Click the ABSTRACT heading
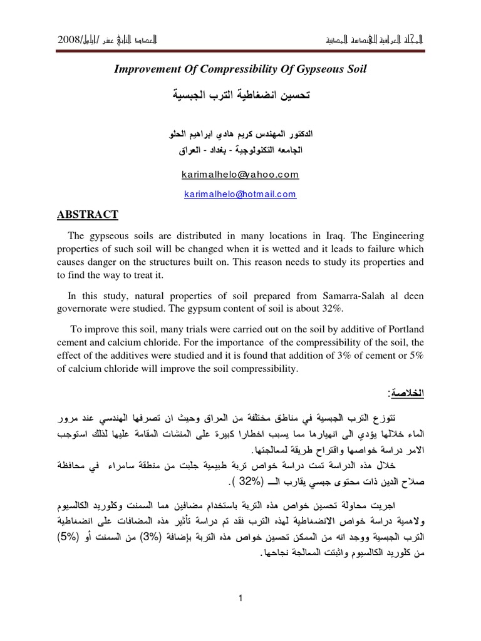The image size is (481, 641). pos(85,215)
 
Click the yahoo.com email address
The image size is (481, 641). pos(240,175)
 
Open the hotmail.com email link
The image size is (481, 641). pos(240,195)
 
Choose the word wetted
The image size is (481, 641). pos(251,249)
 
